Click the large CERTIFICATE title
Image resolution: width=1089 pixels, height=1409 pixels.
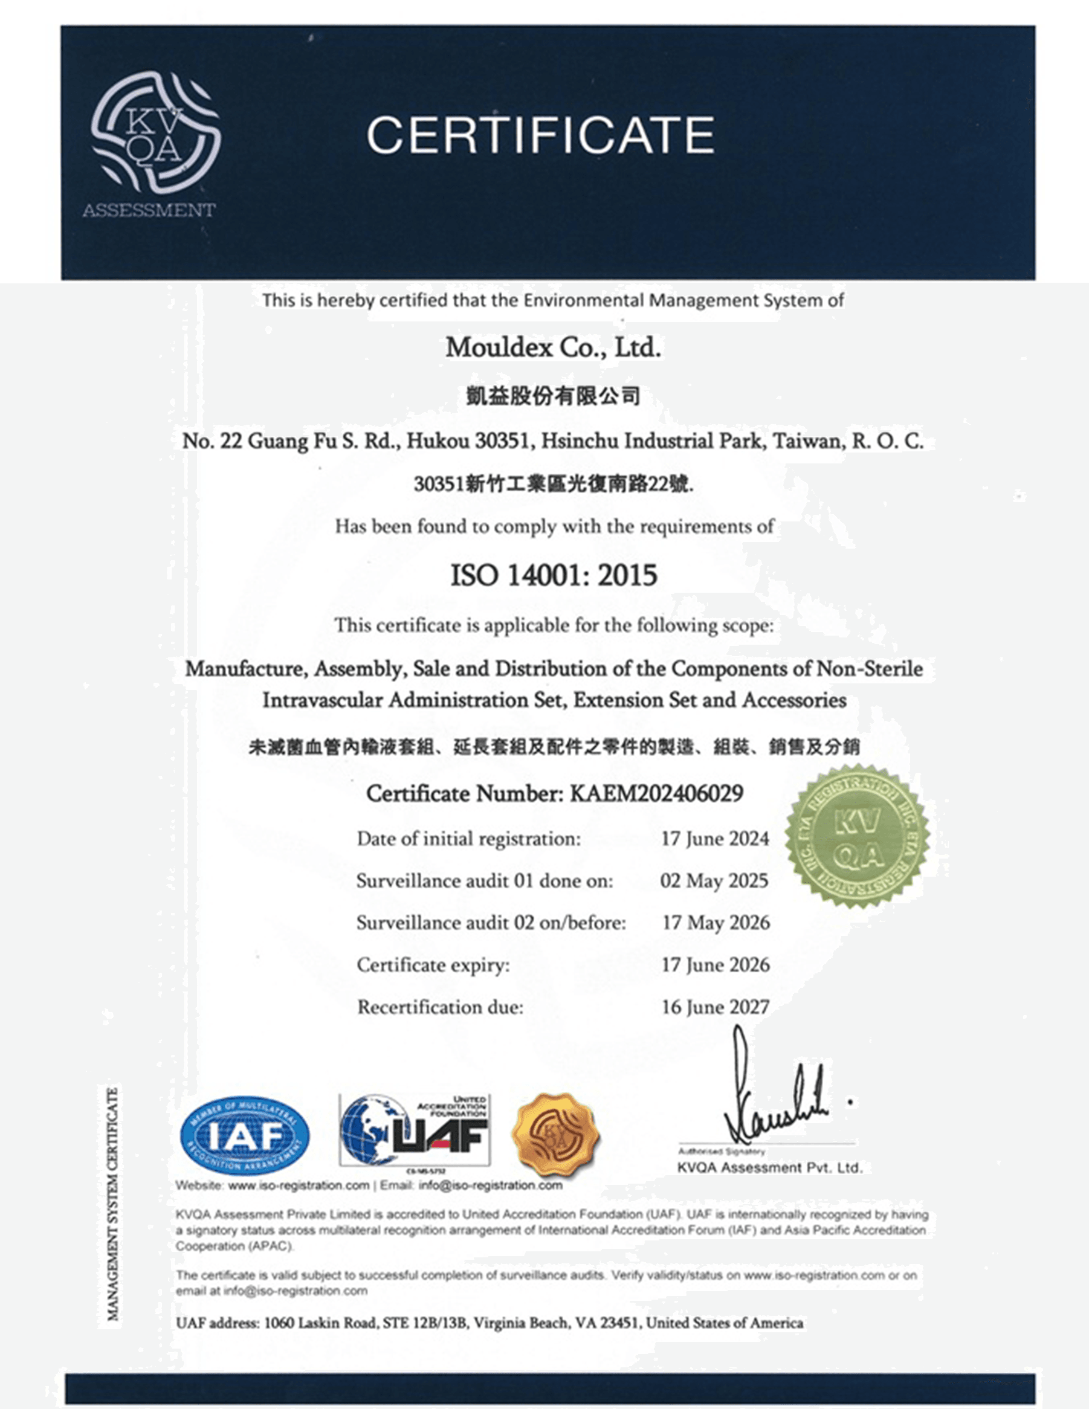click(x=541, y=135)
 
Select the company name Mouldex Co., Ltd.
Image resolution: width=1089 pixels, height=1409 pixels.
click(x=553, y=348)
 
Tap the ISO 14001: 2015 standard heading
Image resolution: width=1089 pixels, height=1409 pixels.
click(x=554, y=575)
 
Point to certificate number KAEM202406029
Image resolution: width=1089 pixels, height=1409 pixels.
click(x=656, y=793)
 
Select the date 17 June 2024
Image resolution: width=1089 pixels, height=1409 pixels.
click(x=715, y=839)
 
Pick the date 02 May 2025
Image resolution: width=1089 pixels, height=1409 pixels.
click(x=714, y=881)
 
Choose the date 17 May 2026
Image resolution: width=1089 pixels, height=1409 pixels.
click(x=716, y=923)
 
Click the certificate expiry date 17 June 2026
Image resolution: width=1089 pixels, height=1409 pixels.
click(x=716, y=964)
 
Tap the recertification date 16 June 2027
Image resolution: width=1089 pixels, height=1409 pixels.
click(x=716, y=1007)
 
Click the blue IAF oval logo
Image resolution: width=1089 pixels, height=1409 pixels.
click(x=245, y=1136)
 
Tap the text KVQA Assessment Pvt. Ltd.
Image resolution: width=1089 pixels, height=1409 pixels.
click(x=770, y=1168)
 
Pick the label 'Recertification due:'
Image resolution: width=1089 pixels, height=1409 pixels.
click(x=440, y=1007)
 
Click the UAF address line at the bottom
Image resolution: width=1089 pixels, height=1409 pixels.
click(x=489, y=1323)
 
